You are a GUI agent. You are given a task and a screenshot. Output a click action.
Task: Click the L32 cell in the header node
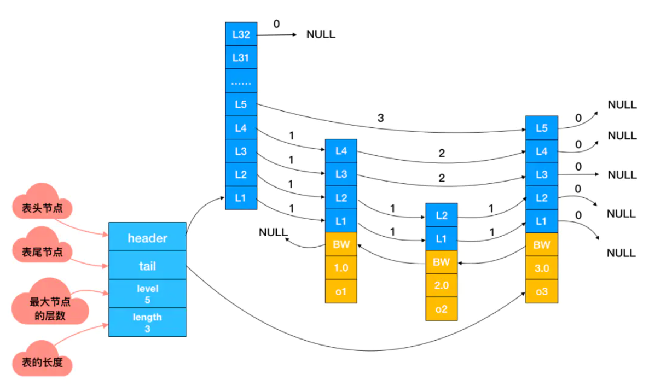click(x=241, y=34)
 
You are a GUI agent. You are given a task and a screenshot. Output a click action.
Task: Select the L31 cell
click(x=241, y=57)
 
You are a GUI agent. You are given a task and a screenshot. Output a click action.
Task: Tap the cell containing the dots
click(x=241, y=80)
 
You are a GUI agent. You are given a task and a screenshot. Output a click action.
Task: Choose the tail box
click(x=147, y=265)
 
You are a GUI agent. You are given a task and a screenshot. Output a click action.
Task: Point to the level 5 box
click(x=147, y=294)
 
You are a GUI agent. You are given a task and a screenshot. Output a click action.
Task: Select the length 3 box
click(x=147, y=322)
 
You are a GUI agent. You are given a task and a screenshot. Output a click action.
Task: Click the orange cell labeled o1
click(x=341, y=291)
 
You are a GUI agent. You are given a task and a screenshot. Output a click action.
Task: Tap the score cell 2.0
click(x=441, y=285)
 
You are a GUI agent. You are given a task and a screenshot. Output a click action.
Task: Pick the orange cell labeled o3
click(x=541, y=291)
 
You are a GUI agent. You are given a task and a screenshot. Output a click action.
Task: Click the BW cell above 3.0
click(x=541, y=245)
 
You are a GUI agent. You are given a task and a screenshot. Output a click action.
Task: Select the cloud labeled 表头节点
click(x=42, y=203)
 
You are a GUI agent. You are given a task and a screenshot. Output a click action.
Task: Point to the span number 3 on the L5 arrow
click(x=381, y=118)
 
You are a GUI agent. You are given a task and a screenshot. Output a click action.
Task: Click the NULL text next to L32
click(x=321, y=34)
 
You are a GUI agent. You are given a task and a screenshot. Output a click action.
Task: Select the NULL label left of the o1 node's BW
click(x=273, y=232)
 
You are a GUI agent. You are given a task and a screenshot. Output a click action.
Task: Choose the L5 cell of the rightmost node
click(x=541, y=128)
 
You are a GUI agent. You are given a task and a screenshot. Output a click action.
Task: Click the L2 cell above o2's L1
click(x=441, y=215)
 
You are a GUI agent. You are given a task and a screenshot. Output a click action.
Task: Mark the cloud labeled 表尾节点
click(x=42, y=247)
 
